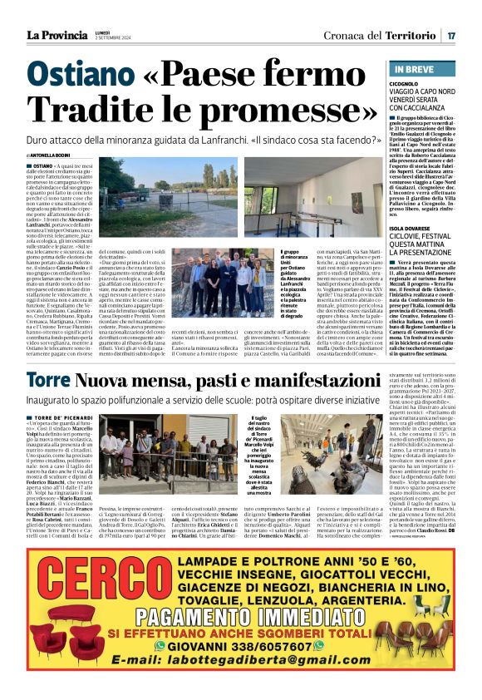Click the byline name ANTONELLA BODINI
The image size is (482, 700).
click(x=61, y=155)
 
